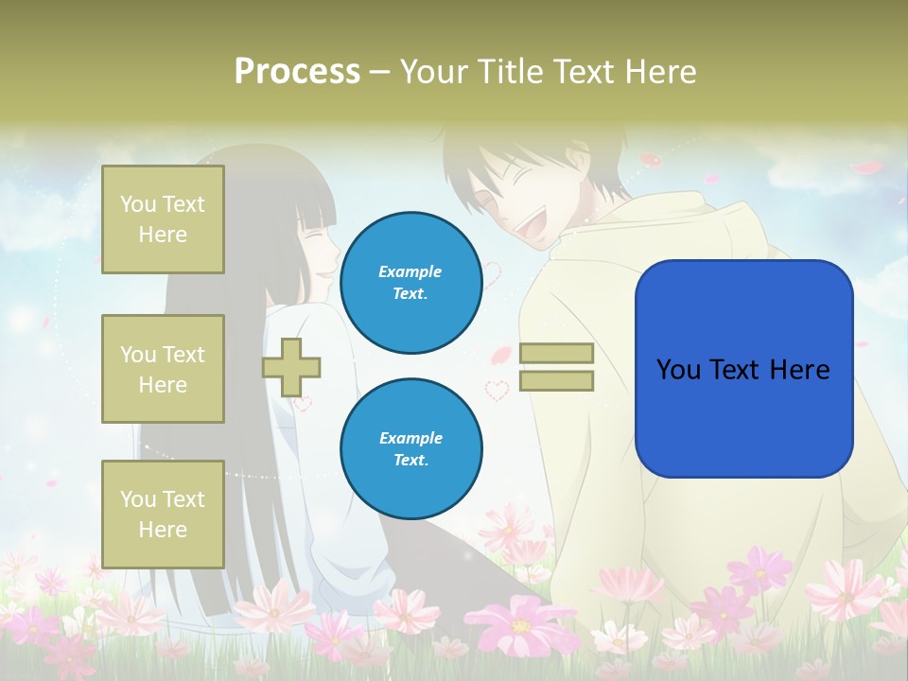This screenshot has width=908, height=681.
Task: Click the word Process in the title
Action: click(297, 72)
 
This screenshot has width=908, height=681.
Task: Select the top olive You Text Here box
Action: click(163, 219)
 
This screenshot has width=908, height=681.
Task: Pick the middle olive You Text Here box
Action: click(163, 369)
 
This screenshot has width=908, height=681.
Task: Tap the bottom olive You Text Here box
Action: click(163, 515)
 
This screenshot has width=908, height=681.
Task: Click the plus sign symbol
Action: click(291, 367)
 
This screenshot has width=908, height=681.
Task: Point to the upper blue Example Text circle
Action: click(410, 283)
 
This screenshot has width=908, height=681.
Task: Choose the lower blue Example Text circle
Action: click(410, 448)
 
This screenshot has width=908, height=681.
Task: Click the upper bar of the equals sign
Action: click(556, 354)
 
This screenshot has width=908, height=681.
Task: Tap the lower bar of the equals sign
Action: click(556, 381)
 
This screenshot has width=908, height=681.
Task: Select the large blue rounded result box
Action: click(743, 369)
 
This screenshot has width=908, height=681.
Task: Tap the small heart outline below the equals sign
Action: click(497, 389)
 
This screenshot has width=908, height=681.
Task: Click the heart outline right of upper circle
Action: click(492, 273)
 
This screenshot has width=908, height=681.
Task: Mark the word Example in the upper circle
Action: click(410, 271)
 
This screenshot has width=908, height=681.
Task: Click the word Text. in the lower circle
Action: click(410, 460)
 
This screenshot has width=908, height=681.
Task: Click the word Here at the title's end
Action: click(658, 72)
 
